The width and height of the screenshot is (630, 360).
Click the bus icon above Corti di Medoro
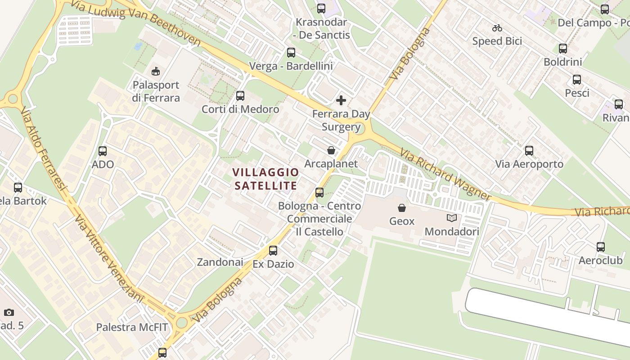[x=240, y=95]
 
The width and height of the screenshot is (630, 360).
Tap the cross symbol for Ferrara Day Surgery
[x=341, y=100]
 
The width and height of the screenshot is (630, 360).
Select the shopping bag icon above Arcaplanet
[x=331, y=150]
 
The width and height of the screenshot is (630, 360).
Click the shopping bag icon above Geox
[x=402, y=207]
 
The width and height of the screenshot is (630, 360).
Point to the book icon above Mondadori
[x=452, y=218]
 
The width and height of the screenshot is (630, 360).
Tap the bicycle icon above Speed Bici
[x=497, y=28]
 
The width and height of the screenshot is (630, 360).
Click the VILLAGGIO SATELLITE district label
[x=266, y=179]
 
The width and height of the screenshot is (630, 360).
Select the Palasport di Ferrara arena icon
[x=156, y=71]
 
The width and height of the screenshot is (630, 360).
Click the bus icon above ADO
[x=103, y=151]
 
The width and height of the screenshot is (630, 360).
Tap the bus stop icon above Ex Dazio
[x=273, y=251]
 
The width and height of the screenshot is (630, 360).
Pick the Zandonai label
[x=220, y=262]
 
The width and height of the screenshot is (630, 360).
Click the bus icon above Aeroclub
[x=601, y=247]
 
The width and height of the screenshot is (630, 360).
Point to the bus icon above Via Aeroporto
[x=529, y=151]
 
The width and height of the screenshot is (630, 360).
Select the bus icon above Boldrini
[x=563, y=49]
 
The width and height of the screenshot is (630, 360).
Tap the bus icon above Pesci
[x=577, y=80]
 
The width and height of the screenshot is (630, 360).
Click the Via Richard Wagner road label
[x=445, y=175]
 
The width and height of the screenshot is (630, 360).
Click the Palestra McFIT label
[x=131, y=327]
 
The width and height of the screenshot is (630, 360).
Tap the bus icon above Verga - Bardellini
[x=291, y=53]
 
